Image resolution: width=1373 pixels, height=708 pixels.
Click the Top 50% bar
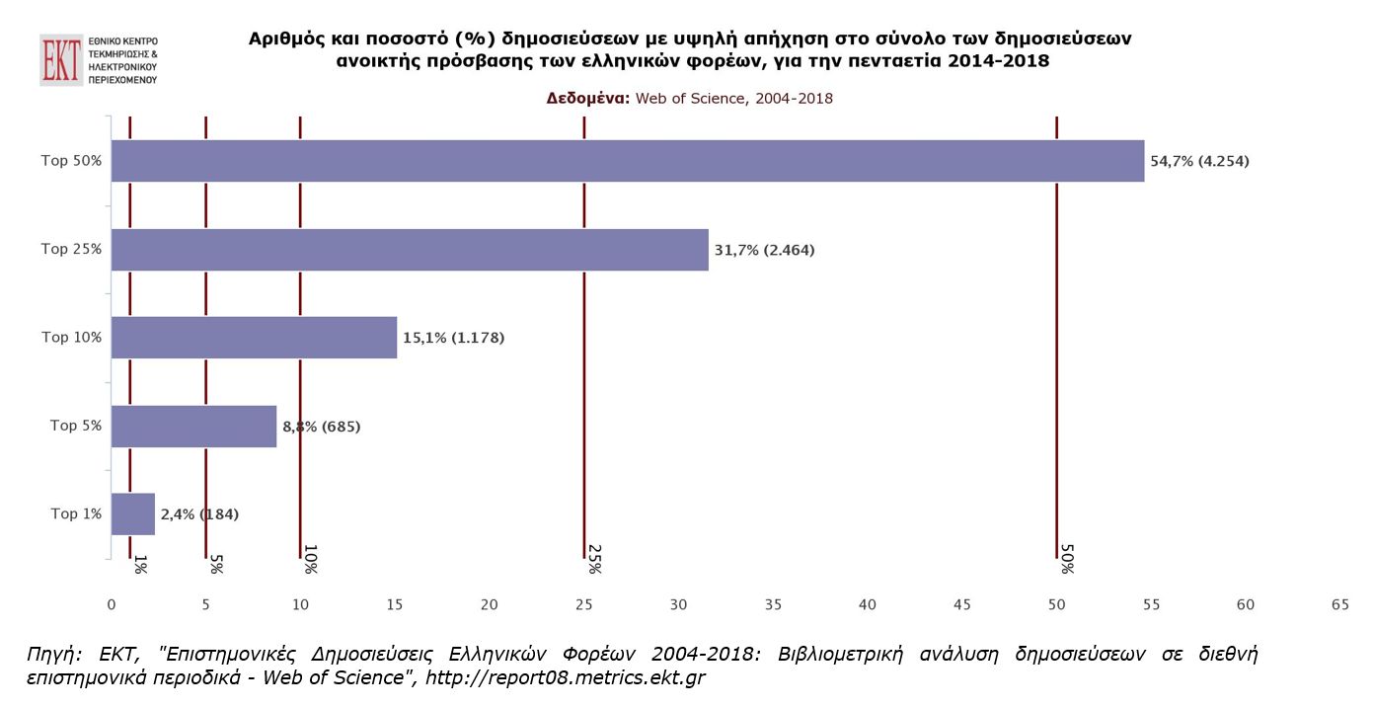point(627,161)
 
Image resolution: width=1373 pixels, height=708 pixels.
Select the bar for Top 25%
point(410,250)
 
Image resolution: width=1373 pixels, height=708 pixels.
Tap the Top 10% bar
point(254,338)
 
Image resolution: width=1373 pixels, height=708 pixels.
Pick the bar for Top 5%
point(193,427)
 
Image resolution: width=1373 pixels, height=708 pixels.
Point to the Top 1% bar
point(133,514)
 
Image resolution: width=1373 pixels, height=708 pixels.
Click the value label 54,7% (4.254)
point(1199,161)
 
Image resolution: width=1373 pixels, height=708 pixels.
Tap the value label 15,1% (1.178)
point(453,338)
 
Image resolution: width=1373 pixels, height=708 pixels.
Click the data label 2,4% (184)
point(199,514)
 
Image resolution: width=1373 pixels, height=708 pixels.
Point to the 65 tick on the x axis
point(1339,604)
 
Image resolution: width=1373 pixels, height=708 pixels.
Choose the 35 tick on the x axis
point(773,604)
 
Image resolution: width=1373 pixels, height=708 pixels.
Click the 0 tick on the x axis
point(112,604)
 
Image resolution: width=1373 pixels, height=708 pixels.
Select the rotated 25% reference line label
point(594,559)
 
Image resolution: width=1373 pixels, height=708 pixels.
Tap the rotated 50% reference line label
point(1066,559)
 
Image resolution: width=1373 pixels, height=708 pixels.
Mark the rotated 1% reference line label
point(140,564)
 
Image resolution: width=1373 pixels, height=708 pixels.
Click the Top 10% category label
point(72,338)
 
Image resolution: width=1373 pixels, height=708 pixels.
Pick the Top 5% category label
point(76,427)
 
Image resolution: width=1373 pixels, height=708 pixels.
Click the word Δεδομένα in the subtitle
point(587,99)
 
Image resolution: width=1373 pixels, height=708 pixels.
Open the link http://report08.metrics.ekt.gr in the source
point(565,678)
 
